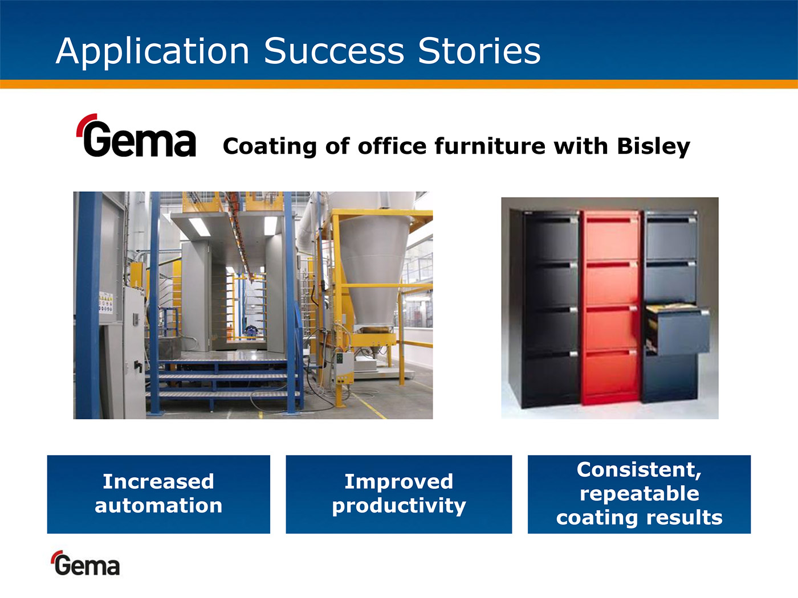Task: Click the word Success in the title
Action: [x=334, y=51]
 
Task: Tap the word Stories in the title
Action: [x=479, y=51]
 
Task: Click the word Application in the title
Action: [x=152, y=52]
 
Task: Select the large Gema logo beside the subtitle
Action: [x=136, y=135]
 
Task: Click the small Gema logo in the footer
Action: [x=85, y=563]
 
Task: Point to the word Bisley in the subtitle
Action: [x=653, y=146]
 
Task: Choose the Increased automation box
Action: [x=158, y=494]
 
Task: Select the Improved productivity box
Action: [x=399, y=494]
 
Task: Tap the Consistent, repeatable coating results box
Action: [x=639, y=494]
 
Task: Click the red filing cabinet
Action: [x=612, y=307]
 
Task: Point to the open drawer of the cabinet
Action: [x=677, y=330]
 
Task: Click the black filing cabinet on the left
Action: [x=544, y=309]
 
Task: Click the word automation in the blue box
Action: [x=158, y=505]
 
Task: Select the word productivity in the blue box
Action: [x=399, y=506]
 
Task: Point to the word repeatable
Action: [x=640, y=494]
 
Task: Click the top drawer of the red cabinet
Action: [x=612, y=236]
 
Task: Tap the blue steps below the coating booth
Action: [x=223, y=378]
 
